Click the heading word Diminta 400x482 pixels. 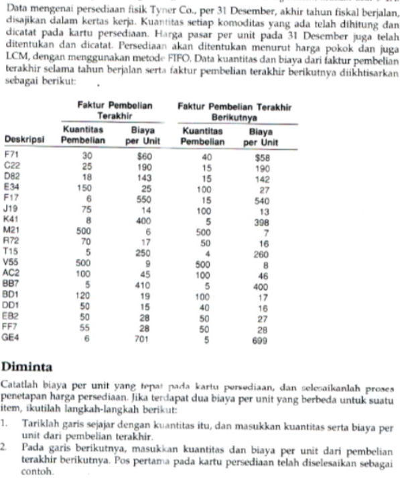point(27,367)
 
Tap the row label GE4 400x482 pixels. point(12,340)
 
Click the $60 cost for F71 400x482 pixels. point(145,156)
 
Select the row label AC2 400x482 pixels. point(12,275)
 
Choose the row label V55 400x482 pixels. point(12,264)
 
